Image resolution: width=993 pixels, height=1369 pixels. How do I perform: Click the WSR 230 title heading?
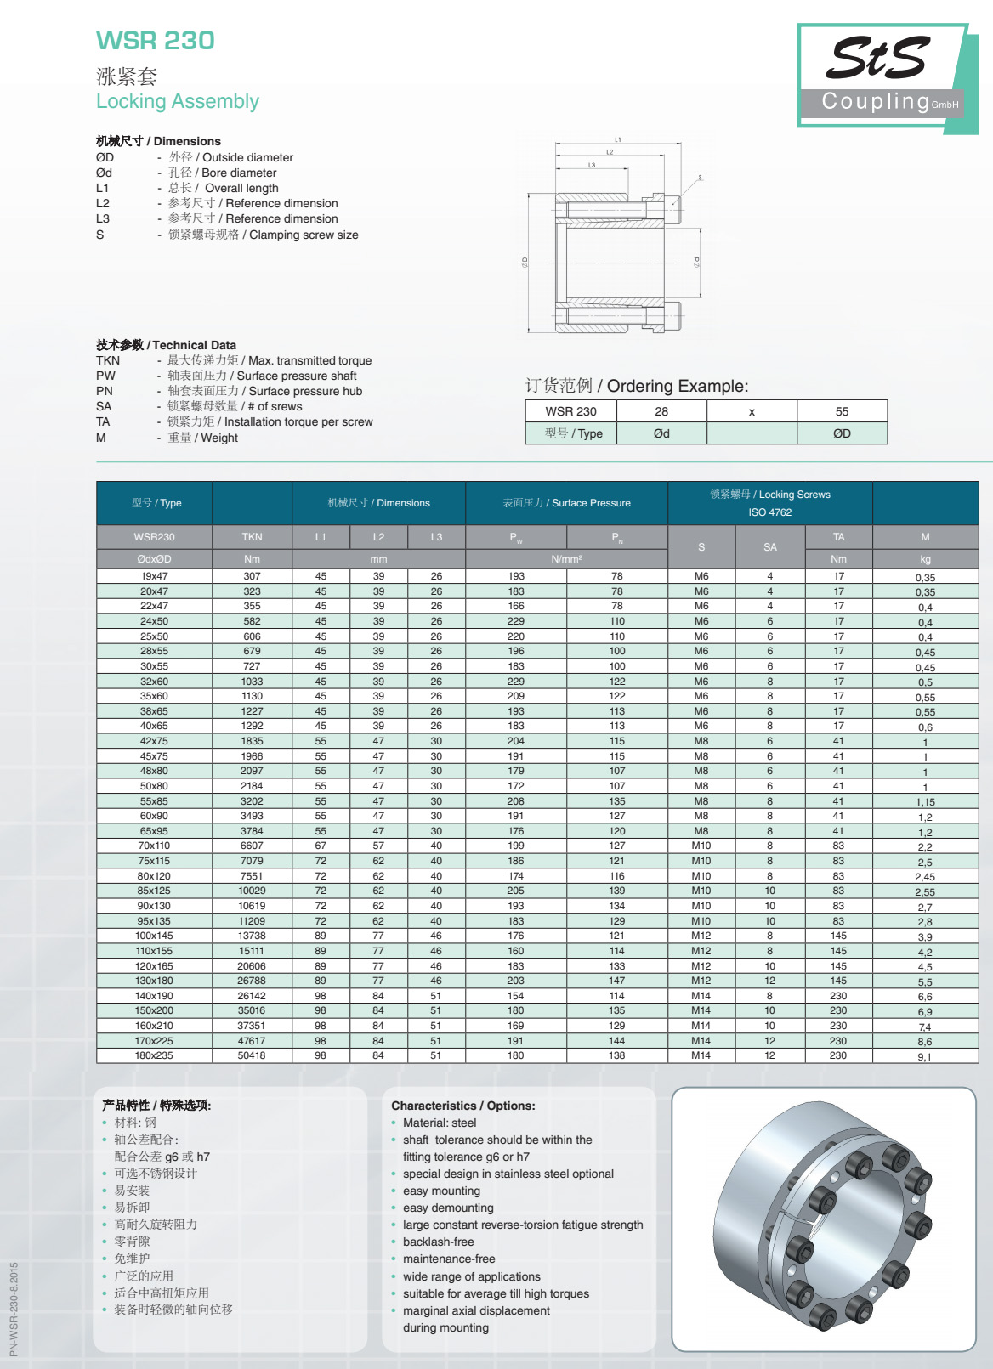click(155, 40)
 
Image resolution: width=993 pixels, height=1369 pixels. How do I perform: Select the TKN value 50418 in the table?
click(252, 1055)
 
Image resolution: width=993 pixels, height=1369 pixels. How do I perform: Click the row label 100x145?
click(154, 936)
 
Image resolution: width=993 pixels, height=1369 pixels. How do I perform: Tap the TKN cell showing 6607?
click(252, 846)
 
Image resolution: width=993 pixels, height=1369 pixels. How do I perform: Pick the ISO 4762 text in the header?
click(769, 512)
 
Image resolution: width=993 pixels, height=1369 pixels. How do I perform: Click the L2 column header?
click(378, 537)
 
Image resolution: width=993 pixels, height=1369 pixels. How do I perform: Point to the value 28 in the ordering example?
click(661, 411)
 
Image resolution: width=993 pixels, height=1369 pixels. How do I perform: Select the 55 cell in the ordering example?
click(842, 411)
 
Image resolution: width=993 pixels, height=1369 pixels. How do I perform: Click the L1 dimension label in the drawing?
click(618, 139)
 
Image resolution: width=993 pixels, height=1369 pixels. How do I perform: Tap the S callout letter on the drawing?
click(700, 178)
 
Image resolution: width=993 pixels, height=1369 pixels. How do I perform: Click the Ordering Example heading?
click(637, 386)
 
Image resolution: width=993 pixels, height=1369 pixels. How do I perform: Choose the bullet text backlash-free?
click(439, 1242)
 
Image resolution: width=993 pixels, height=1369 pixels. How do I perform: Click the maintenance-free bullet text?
click(449, 1259)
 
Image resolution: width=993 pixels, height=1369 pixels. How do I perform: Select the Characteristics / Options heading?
click(463, 1106)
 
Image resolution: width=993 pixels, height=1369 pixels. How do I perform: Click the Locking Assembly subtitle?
click(177, 101)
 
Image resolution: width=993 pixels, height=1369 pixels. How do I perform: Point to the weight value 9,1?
click(924, 1057)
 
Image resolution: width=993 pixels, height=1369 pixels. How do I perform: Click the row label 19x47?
click(154, 576)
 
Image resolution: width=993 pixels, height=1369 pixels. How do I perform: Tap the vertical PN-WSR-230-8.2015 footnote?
click(14, 1309)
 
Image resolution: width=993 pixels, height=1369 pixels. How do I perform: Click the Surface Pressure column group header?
click(566, 503)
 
